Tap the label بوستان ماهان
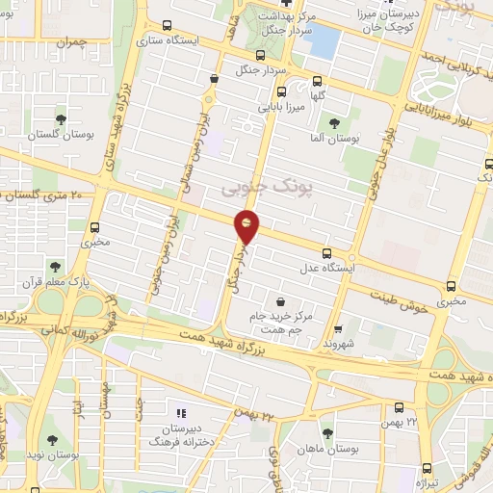328,449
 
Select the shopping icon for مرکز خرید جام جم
280,301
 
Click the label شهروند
339,342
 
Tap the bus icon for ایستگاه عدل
326,252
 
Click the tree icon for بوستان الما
334,123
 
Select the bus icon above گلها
315,83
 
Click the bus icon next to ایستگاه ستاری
169,26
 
